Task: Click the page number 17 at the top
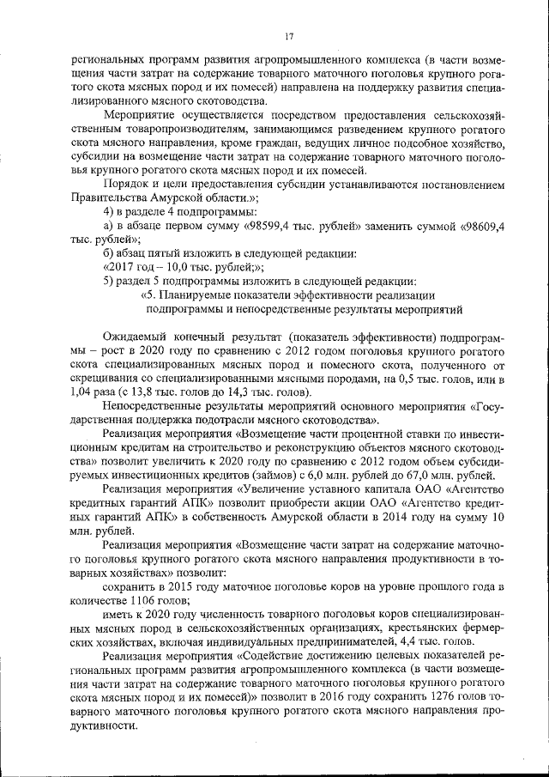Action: click(x=288, y=36)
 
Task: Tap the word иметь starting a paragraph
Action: click(x=117, y=616)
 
